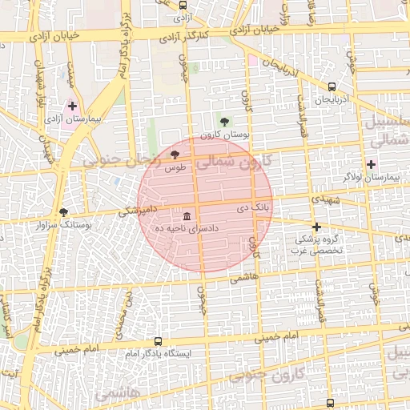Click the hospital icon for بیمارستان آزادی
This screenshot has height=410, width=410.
point(72,106)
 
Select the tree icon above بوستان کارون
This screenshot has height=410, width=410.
point(223,122)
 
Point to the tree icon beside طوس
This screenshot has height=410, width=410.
point(175,155)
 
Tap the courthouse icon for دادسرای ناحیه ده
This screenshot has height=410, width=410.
point(187,216)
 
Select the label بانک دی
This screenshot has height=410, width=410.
point(252,207)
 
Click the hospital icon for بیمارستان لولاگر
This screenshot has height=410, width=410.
point(370,163)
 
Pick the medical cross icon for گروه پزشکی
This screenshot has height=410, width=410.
point(316,227)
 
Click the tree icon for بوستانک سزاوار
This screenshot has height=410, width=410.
point(63,212)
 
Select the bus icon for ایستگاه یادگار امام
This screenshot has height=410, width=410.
point(157,340)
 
